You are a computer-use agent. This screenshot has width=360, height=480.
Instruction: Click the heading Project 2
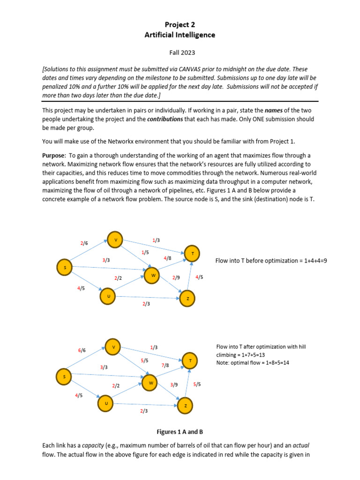coord(180,24)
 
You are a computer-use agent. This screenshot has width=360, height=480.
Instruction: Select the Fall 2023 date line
coord(180,53)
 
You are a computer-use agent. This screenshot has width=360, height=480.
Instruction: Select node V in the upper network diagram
coord(115,240)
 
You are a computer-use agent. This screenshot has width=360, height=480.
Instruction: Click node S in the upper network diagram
coord(65,268)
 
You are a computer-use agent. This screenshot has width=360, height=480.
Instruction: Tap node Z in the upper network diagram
coord(187,298)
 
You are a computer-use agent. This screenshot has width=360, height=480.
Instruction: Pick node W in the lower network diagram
coord(150,383)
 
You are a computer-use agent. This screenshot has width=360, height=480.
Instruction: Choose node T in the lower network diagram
coord(190,361)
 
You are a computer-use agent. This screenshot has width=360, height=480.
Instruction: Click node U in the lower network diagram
coord(106,403)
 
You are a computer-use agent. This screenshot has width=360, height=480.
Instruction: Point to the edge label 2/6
coord(84,243)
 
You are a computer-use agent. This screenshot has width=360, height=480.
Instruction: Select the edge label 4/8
coord(167,258)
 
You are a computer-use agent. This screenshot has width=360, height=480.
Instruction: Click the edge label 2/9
coord(176,277)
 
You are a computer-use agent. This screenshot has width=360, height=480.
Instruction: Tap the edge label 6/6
coord(82,350)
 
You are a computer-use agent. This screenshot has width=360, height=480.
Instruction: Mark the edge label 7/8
coord(165,365)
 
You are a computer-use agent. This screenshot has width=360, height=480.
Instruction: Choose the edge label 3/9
coord(174,384)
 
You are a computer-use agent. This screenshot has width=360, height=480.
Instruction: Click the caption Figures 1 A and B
coord(180,432)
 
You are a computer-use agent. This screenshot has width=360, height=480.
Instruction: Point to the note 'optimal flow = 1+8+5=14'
coord(253,363)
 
